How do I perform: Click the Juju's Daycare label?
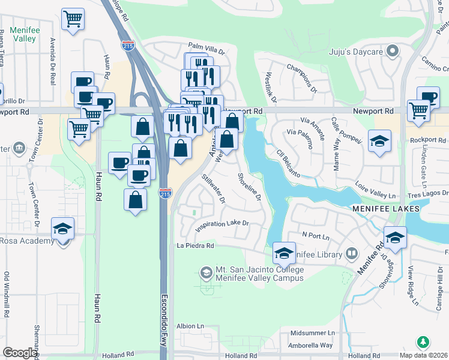356,52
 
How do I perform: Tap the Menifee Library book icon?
352,254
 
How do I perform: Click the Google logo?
20,353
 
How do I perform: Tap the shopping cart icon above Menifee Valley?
73,19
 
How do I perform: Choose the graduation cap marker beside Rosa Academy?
62,229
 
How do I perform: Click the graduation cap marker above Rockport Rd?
379,142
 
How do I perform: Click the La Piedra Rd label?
195,246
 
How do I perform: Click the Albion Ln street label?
190,326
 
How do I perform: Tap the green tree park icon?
423,341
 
